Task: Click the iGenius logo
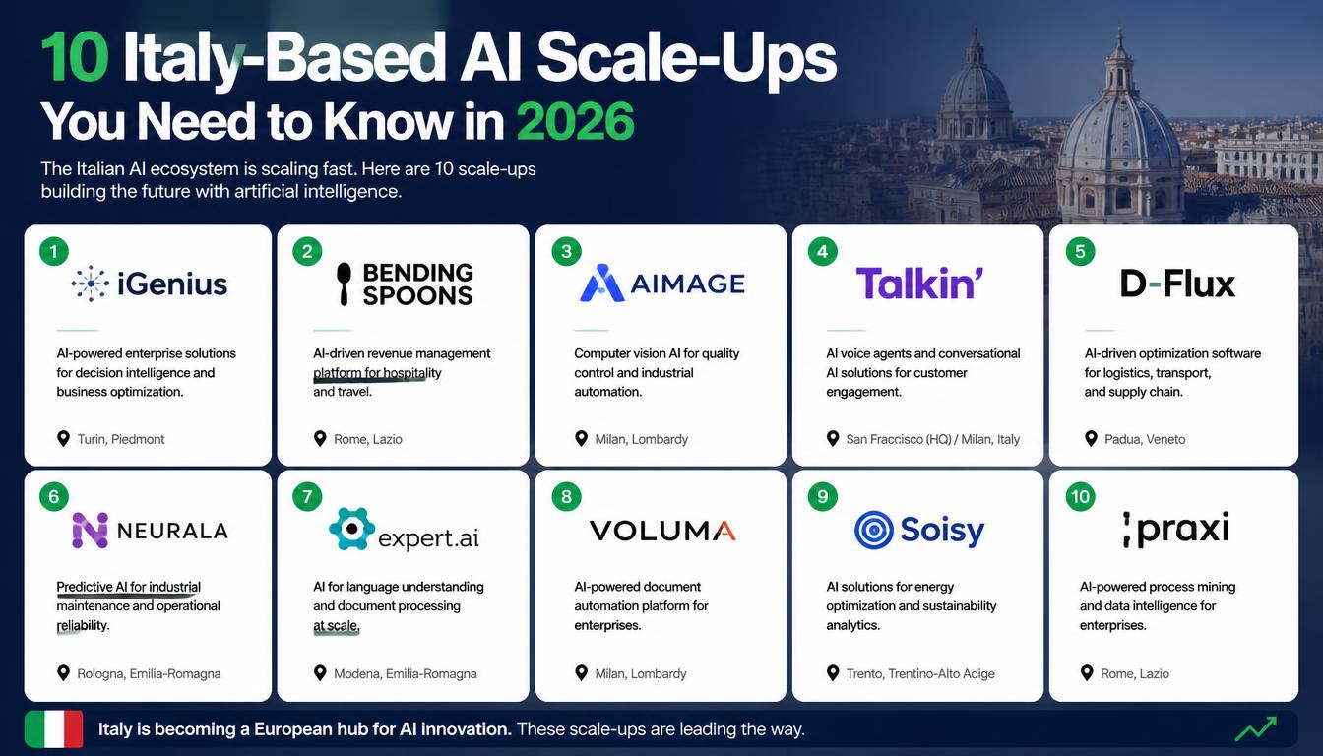coord(150,284)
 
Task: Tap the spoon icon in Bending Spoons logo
coord(344,283)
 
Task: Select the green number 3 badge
coord(566,252)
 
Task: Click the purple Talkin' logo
coord(919,283)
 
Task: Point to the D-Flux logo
coord(1177,284)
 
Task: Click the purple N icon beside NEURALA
coord(90,530)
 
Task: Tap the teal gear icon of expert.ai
coord(351,529)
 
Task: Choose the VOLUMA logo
coord(662,531)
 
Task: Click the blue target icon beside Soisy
coord(873,530)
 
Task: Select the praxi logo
coord(1176,530)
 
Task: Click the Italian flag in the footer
coord(54,728)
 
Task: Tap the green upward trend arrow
coord(1256,728)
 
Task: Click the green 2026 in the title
coord(575,122)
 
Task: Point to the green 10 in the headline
coord(75,57)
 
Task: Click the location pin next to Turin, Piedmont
coord(63,439)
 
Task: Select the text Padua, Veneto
coord(1145,439)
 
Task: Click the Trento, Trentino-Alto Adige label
coord(920,674)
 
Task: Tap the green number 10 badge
coord(1080,497)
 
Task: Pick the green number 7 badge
coord(307,497)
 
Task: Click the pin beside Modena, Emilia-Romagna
coord(320,673)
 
